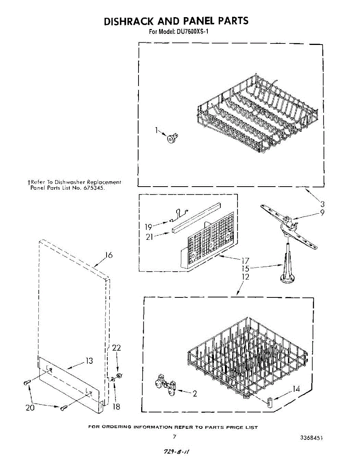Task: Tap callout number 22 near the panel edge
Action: [x=116, y=348]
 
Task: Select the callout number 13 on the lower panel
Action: [x=89, y=361]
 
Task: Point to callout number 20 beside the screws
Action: [x=30, y=407]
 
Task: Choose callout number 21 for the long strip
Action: [x=150, y=237]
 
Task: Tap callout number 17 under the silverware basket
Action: [x=245, y=261]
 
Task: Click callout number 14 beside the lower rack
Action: [x=296, y=389]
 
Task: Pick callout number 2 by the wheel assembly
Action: [x=195, y=394]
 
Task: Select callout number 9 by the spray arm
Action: [x=322, y=213]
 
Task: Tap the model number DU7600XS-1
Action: [x=192, y=32]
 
